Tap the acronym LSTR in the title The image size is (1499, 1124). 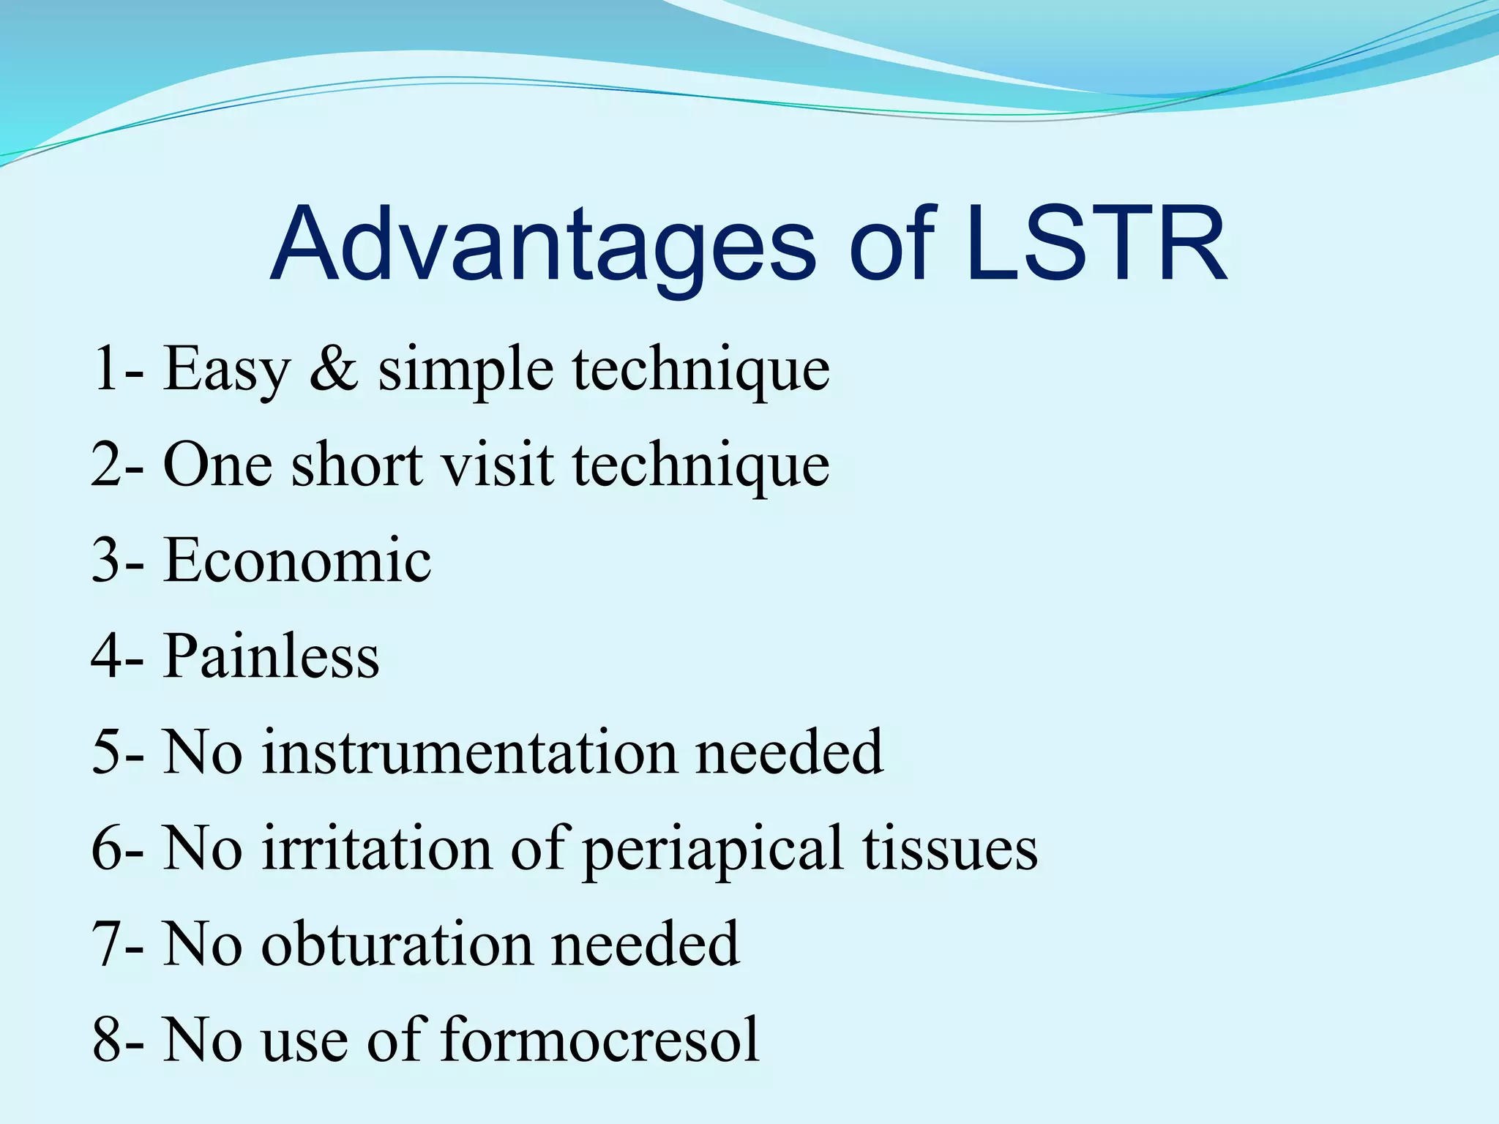tap(1096, 245)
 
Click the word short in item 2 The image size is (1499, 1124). tap(357, 465)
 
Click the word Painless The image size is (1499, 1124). tap(271, 656)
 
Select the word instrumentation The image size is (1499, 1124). tap(469, 752)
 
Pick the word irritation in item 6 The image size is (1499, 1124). tap(377, 848)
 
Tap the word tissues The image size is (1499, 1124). tap(949, 848)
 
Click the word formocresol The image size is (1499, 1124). tap(600, 1040)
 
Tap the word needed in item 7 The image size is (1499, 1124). tap(645, 944)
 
